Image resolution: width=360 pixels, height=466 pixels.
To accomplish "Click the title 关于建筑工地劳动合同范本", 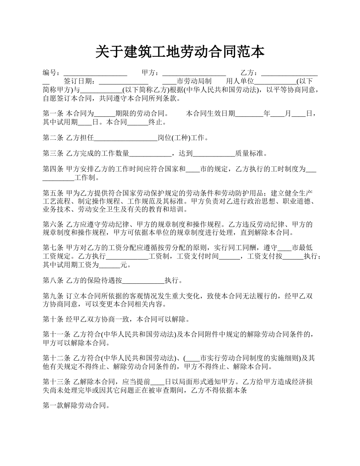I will point(180,52).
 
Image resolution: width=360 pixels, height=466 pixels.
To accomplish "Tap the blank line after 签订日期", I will point(124,81).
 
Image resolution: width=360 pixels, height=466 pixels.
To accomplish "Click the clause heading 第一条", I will point(53,113).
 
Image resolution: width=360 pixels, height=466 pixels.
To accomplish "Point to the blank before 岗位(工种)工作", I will point(125,138).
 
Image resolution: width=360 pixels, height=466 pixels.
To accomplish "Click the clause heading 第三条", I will point(53,153).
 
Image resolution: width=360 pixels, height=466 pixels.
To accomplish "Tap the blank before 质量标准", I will point(214,153).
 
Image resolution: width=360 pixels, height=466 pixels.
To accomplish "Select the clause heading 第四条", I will point(53,169).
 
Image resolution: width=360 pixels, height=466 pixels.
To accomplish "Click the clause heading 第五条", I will point(53,193).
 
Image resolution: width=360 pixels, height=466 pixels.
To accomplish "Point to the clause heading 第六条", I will point(53,225).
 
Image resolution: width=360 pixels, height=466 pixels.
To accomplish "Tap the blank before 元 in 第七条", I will point(109,265).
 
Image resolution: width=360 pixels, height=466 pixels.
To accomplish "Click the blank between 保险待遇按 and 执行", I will point(144,281).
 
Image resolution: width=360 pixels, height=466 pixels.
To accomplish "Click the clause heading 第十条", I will point(53,319).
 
